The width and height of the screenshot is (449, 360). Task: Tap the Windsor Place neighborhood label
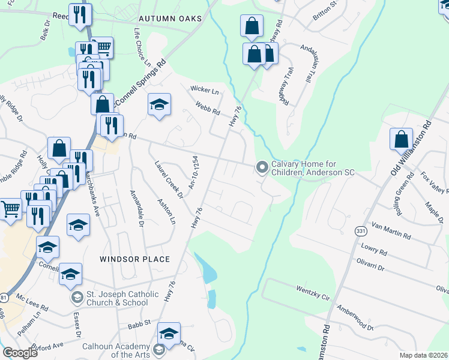click(134, 259)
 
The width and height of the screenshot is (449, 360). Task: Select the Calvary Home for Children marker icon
click(262, 167)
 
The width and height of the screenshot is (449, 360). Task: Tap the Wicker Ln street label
click(205, 90)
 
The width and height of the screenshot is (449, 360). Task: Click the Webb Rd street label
click(207, 109)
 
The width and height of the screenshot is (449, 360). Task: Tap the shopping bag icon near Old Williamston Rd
click(401, 139)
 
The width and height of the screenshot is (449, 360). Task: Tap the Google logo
click(20, 352)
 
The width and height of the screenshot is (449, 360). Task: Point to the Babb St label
click(139, 323)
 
